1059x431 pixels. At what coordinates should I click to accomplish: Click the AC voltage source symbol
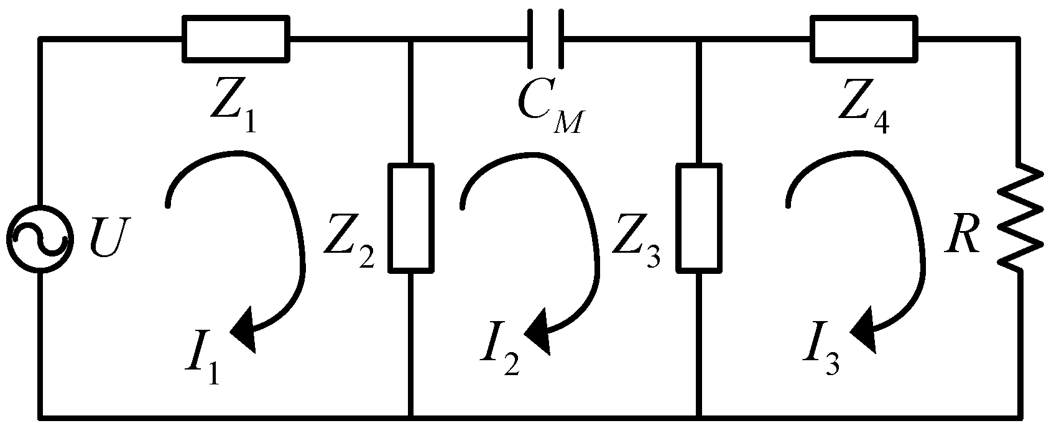pyautogui.click(x=40, y=238)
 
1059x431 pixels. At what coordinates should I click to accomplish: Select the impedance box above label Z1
pyautogui.click(x=236, y=39)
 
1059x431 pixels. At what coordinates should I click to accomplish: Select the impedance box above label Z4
pyautogui.click(x=864, y=39)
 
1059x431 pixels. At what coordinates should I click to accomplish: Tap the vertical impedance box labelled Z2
pyautogui.click(x=410, y=218)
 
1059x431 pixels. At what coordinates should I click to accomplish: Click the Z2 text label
pyautogui.click(x=348, y=248)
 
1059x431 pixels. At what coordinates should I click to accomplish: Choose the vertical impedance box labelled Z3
pyautogui.click(x=700, y=218)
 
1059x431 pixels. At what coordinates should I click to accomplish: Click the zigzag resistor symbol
pyautogui.click(x=1019, y=217)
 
